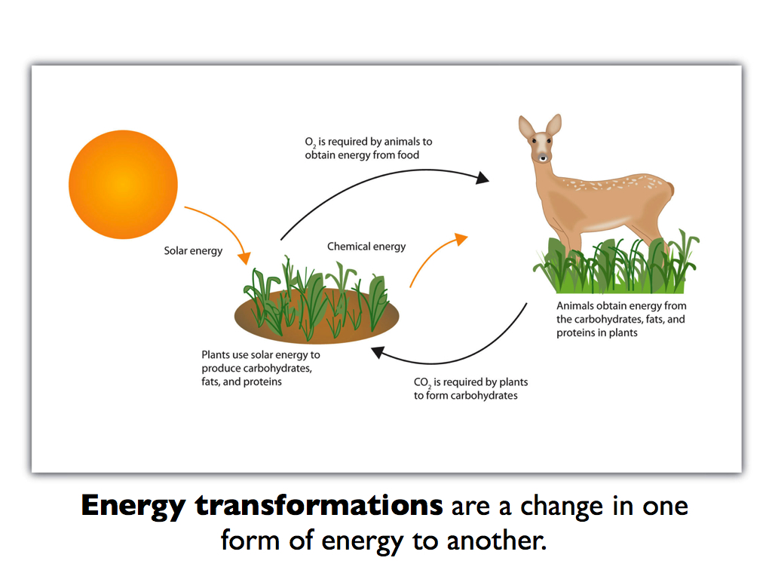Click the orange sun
click(123, 185)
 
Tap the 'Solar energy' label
click(193, 251)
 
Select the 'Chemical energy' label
click(366, 247)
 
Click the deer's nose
click(543, 158)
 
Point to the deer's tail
click(669, 189)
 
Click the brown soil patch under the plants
click(317, 316)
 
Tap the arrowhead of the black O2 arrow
click(482, 178)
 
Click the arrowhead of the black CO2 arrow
click(378, 352)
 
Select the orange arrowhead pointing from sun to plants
click(244, 258)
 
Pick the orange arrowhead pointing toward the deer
click(461, 239)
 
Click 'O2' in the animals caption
click(310, 142)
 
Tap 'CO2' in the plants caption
click(422, 382)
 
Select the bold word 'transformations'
click(319, 505)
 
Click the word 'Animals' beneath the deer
click(575, 306)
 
